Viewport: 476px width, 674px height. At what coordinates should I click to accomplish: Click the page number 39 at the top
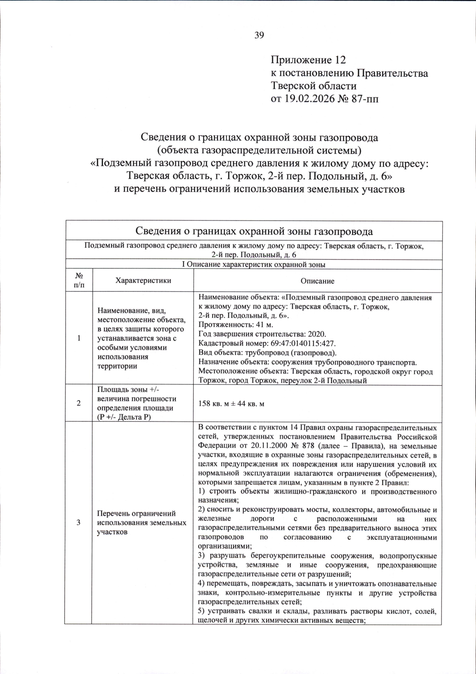(x=259, y=35)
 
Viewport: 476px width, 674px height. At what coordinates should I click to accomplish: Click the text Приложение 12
(x=308, y=60)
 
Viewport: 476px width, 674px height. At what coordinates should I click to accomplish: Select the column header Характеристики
(x=143, y=281)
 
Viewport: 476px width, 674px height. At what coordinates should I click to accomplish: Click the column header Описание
(x=317, y=281)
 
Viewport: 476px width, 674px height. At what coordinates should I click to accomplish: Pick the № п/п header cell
(x=79, y=281)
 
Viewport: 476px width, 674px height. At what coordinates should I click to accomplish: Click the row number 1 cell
(x=79, y=338)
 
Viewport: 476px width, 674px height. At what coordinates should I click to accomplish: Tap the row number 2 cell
(x=79, y=403)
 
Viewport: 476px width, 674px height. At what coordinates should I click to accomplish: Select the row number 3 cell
(x=79, y=522)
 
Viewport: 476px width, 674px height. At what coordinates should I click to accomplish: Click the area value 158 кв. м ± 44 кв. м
(x=231, y=404)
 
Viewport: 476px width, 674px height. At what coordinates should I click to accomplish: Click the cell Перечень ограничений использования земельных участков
(x=142, y=522)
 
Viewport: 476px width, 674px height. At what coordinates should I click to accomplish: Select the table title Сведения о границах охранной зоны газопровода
(x=254, y=231)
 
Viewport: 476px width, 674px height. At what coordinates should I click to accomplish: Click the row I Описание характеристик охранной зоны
(x=254, y=265)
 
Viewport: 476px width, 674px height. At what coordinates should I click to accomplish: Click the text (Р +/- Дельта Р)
(x=124, y=417)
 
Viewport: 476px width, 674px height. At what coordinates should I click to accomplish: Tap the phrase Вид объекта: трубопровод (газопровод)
(x=267, y=353)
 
